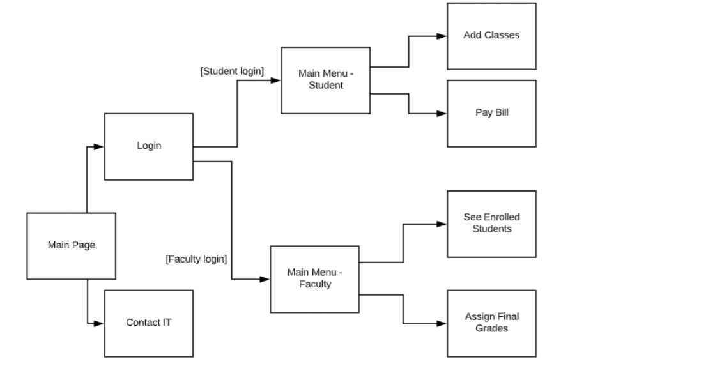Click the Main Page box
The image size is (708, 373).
click(x=71, y=246)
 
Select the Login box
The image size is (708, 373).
click(x=148, y=146)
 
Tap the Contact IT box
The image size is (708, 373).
click(x=148, y=323)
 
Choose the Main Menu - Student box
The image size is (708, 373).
click(x=325, y=80)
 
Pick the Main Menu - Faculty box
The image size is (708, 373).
click(x=314, y=278)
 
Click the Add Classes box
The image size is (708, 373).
click(x=491, y=36)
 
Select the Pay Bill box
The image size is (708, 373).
click(x=491, y=114)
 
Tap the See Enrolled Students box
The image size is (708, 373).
click(x=491, y=224)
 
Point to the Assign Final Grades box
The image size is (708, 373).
click(x=491, y=323)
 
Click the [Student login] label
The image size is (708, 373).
click(x=231, y=72)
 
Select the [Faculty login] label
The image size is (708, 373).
click(x=196, y=259)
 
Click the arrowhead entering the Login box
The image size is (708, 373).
click(x=98, y=147)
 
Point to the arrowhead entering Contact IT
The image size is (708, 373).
click(x=98, y=324)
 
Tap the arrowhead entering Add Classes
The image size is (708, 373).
click(x=441, y=36)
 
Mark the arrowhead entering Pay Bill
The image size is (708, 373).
click(x=441, y=114)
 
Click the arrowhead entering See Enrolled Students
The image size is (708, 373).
click(x=441, y=224)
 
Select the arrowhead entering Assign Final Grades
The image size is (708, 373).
click(x=441, y=324)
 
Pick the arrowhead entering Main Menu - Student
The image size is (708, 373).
click(x=275, y=81)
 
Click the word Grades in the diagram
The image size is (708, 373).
click(x=491, y=329)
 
